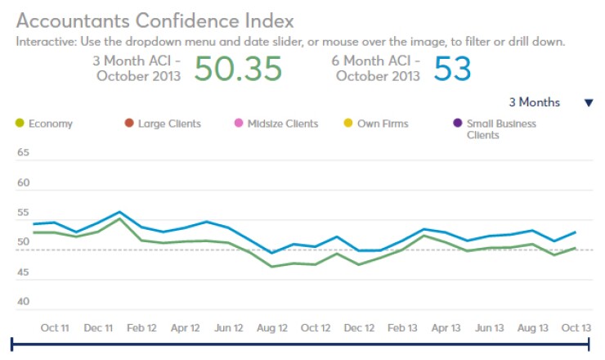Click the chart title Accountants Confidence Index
pyautogui.click(x=155, y=20)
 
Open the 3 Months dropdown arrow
pyautogui.click(x=588, y=103)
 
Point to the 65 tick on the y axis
pyautogui.click(x=23, y=153)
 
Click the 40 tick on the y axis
pyautogui.click(x=23, y=302)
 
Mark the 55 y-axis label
pyautogui.click(x=23, y=213)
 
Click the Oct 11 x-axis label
pyautogui.click(x=55, y=327)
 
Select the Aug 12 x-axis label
pyautogui.click(x=271, y=327)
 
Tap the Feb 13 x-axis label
pyautogui.click(x=402, y=327)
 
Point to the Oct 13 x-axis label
pyautogui.click(x=576, y=327)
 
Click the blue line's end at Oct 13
pyautogui.click(x=576, y=232)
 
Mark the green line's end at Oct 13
pyautogui.click(x=576, y=248)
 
